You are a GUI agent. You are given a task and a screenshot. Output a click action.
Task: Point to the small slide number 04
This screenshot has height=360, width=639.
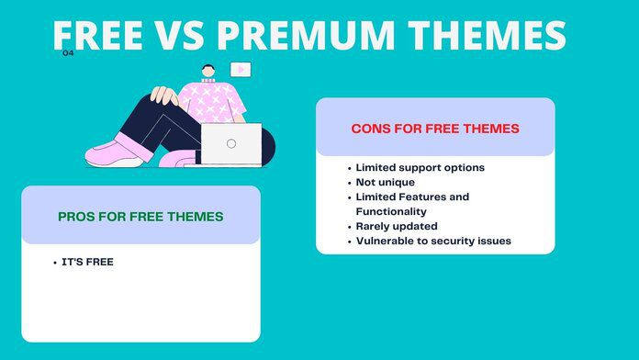point(68,53)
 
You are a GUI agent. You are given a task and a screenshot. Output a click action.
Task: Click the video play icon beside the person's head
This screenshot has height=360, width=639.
point(240,69)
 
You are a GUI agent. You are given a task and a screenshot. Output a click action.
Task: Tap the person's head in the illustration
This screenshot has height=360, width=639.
point(209,72)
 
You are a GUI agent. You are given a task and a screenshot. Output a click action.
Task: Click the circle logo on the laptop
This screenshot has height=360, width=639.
point(230,143)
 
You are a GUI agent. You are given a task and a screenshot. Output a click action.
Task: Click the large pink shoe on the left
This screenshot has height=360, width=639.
point(115,152)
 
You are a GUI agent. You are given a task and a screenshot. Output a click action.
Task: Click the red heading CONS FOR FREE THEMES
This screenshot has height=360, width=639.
point(435,129)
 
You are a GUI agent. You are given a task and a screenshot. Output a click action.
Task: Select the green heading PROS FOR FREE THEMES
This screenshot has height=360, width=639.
point(140,217)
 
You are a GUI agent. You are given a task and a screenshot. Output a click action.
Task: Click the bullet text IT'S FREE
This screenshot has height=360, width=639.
point(87,263)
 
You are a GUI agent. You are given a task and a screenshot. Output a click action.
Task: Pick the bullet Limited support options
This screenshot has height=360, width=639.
point(420,168)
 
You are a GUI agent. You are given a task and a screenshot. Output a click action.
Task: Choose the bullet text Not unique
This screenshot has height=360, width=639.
point(386,183)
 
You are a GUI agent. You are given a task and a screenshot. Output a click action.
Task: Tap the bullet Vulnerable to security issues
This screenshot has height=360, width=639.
point(432,242)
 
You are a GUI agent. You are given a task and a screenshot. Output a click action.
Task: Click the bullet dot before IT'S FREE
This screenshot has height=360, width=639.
point(55,264)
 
